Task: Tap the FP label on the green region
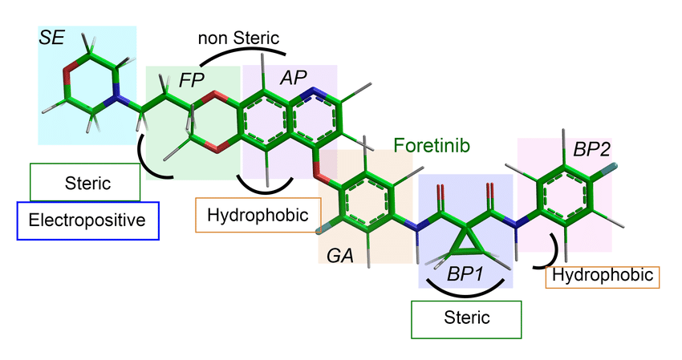[191, 79]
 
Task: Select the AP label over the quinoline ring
[294, 77]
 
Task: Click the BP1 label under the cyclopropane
[464, 273]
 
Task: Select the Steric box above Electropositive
[85, 183]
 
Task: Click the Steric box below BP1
[466, 318]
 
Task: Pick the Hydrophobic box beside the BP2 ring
[603, 276]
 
